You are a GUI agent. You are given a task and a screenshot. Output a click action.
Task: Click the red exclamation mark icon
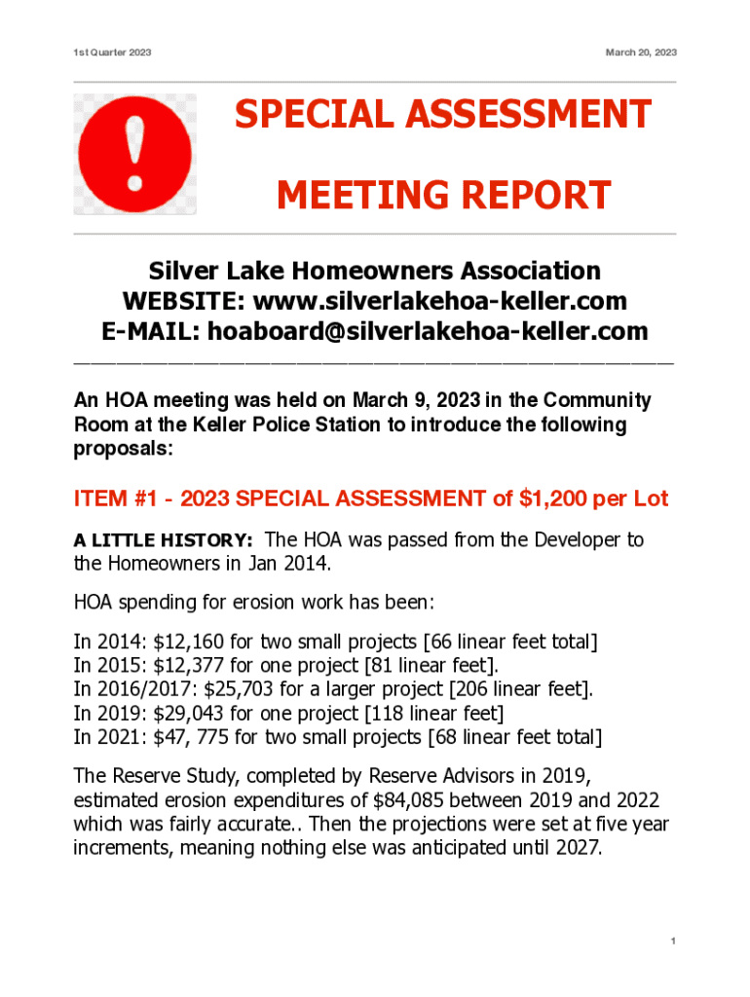point(135,154)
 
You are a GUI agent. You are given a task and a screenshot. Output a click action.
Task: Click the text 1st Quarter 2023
point(112,52)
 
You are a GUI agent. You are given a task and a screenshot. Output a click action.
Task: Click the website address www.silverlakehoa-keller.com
point(439,300)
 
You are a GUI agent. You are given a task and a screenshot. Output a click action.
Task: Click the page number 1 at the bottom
point(673,942)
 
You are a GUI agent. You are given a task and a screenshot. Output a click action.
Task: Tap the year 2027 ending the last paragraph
point(579,847)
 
